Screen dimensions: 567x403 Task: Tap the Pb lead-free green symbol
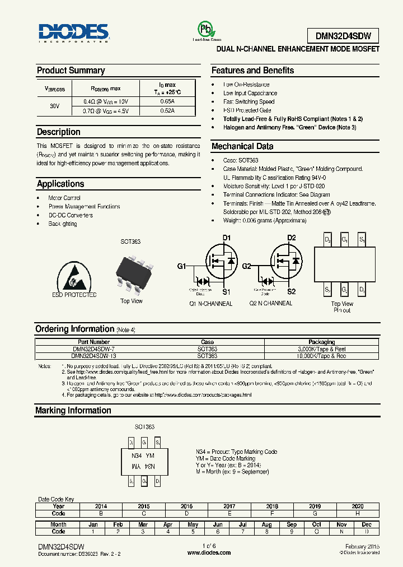coord(207,30)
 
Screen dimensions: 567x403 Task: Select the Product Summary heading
coord(71,71)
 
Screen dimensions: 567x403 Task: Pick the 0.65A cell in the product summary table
coord(167,101)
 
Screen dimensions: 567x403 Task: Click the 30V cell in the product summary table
coord(54,106)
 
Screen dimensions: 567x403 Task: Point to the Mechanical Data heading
coord(242,146)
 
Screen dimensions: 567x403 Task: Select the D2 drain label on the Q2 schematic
coord(292,238)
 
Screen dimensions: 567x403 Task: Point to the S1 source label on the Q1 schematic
coord(227,291)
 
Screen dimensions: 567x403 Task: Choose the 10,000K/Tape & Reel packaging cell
coord(321,356)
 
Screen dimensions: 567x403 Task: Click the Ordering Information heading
coord(74,329)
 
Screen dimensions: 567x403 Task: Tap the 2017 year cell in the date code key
coord(229,506)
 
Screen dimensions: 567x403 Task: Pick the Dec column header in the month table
coord(367,524)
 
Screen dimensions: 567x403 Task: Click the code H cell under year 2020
coord(358,513)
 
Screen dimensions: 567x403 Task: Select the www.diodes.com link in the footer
coord(209,552)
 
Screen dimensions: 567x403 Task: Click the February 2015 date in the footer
coord(362,546)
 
